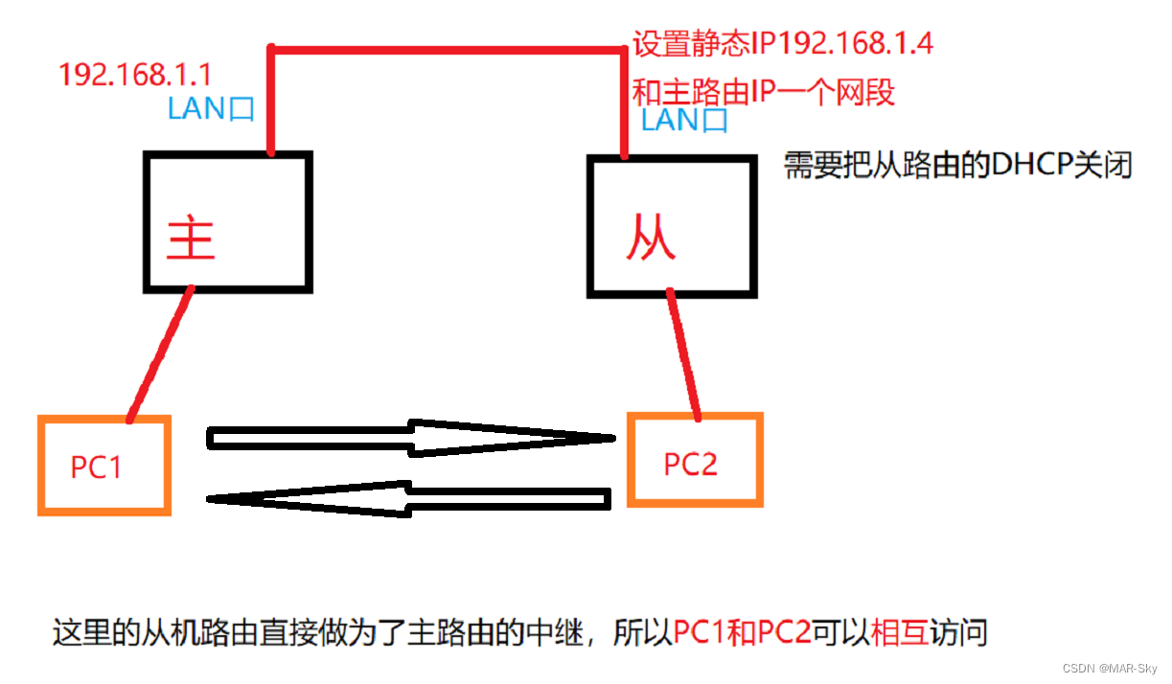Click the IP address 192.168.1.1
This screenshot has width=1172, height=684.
(x=135, y=75)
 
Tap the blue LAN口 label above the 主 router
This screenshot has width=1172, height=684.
(x=211, y=108)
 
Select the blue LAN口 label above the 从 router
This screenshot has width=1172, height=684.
(x=684, y=121)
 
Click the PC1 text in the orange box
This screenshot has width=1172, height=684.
(x=97, y=467)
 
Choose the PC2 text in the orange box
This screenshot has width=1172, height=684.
(x=691, y=464)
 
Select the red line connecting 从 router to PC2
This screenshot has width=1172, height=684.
(x=684, y=353)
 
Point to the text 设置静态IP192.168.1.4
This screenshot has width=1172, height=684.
(x=783, y=43)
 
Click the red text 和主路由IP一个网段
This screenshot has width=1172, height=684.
(x=764, y=93)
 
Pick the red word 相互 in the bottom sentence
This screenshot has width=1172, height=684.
(x=900, y=633)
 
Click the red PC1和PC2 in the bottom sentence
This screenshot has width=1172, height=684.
(x=743, y=633)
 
